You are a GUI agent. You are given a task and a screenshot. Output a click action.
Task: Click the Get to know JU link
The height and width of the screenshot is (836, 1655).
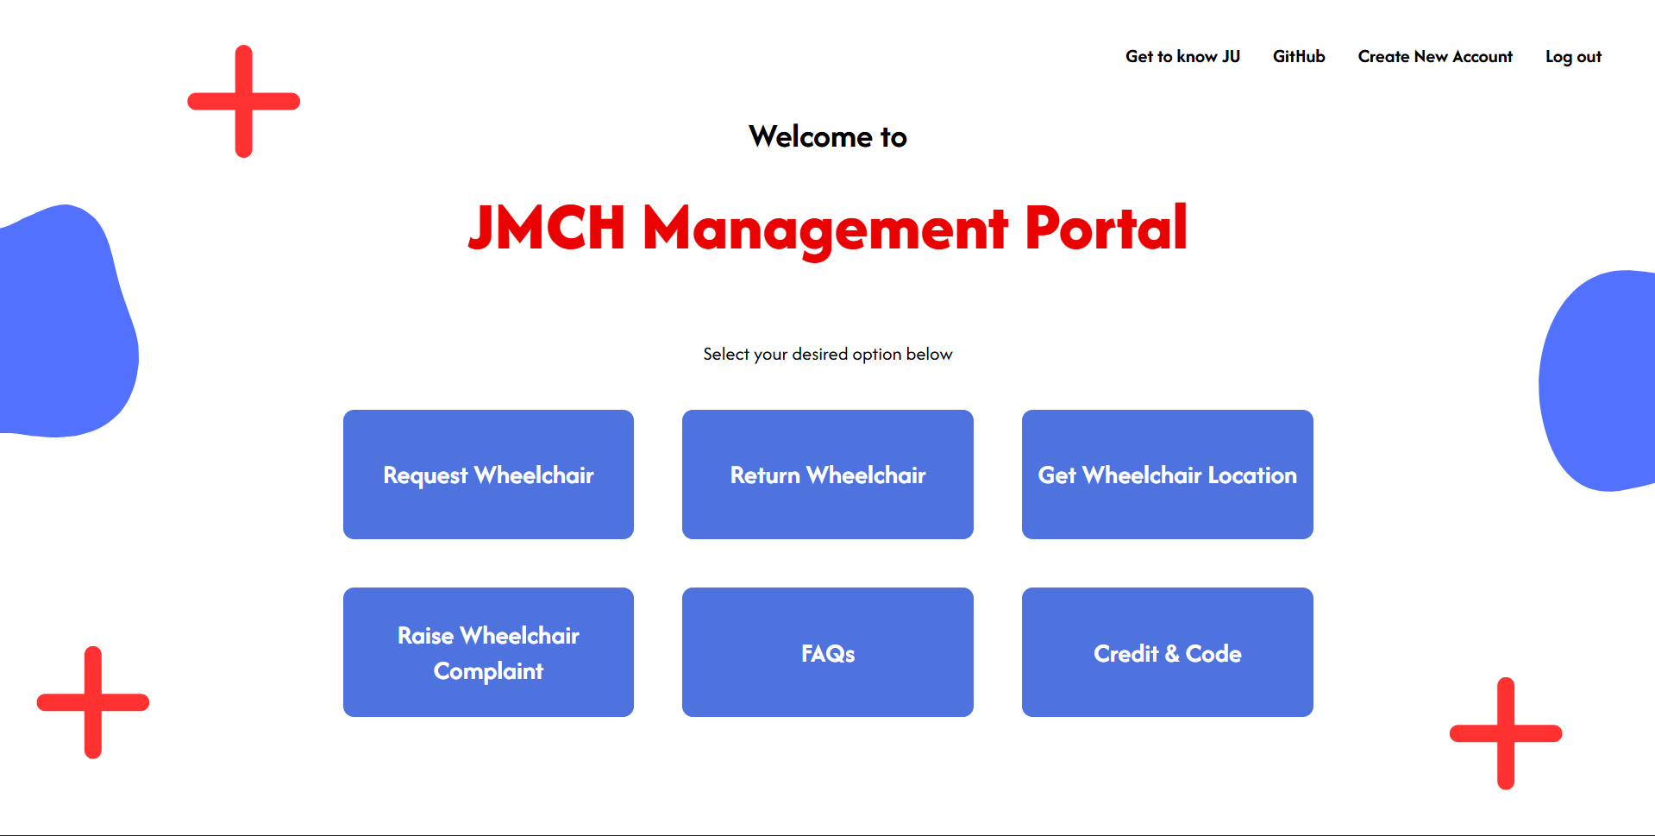(1182, 57)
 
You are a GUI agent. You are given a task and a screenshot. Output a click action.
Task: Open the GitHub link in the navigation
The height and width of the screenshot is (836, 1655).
(1299, 57)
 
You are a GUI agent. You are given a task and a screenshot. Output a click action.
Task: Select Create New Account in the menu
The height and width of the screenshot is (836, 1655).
(1435, 57)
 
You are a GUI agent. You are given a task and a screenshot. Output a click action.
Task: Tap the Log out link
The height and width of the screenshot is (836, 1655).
(1573, 57)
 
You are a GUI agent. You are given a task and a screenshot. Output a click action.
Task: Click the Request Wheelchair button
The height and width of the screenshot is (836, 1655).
(488, 475)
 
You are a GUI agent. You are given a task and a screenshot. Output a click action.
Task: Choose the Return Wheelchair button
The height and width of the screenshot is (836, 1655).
(828, 475)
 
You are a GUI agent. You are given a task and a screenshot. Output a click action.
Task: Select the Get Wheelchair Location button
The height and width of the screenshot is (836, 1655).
(1168, 475)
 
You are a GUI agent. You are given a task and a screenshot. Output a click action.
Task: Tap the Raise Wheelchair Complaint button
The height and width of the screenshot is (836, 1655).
(488, 652)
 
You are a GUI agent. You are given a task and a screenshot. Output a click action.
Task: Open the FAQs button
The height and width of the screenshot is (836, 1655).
(828, 652)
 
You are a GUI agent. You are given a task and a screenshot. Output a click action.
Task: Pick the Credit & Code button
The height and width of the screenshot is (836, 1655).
(1168, 652)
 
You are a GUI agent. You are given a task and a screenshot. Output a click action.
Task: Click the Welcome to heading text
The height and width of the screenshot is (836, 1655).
(828, 136)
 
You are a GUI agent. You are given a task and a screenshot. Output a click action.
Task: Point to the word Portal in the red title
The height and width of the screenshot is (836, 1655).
(1106, 228)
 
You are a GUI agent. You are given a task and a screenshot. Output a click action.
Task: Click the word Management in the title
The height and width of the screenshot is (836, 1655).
(825, 229)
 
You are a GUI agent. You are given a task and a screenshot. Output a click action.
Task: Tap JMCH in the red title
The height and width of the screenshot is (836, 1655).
(546, 228)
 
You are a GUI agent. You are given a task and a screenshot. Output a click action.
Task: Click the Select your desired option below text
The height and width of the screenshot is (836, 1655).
(828, 355)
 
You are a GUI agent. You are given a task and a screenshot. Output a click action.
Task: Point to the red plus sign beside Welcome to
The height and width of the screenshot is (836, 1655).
(244, 101)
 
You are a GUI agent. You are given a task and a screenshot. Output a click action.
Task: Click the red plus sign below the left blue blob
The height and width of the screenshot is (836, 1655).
(93, 702)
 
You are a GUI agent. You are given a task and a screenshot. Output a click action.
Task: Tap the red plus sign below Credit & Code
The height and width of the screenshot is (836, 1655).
(1506, 733)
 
